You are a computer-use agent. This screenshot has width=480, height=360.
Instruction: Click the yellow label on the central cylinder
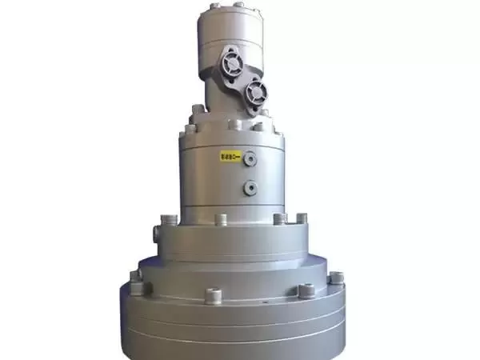(x=230, y=157)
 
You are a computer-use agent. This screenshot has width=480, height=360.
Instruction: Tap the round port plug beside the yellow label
(x=250, y=158)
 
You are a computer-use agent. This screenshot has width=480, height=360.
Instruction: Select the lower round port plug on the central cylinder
(x=250, y=187)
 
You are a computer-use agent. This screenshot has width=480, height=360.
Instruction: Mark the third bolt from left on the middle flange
(x=278, y=219)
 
